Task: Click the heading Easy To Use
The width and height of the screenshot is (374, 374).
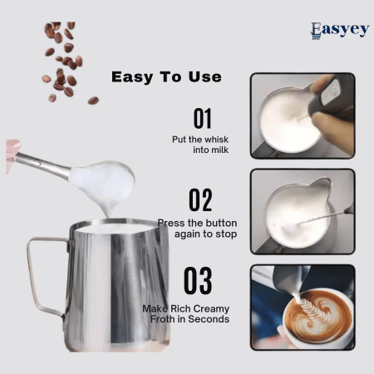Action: click(x=166, y=77)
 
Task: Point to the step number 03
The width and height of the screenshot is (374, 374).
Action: click(x=198, y=282)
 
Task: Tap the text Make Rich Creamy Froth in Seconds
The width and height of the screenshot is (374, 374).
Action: click(x=185, y=313)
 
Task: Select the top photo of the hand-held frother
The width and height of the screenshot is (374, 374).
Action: click(x=303, y=115)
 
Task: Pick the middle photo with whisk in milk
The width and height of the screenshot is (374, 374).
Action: click(x=303, y=210)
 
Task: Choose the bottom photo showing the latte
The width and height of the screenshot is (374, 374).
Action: click(x=303, y=307)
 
